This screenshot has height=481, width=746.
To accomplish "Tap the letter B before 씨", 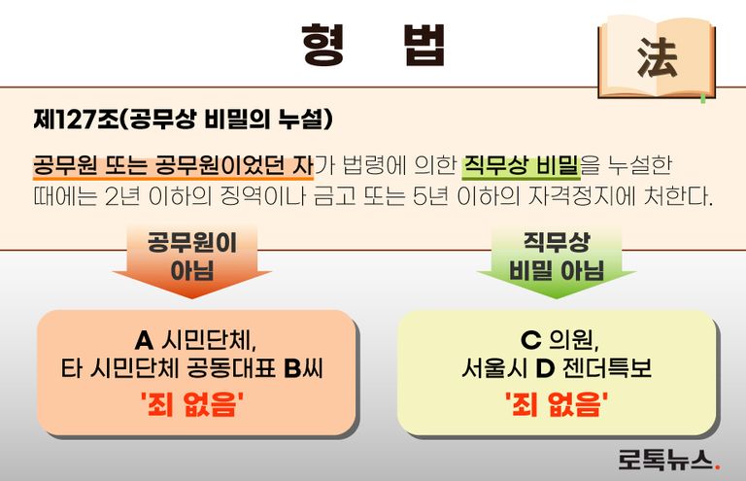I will [294, 369].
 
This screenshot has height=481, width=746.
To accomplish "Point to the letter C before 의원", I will [529, 341].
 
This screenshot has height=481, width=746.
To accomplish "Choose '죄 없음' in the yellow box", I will [557, 403].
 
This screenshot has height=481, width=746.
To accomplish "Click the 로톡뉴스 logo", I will [667, 459].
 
